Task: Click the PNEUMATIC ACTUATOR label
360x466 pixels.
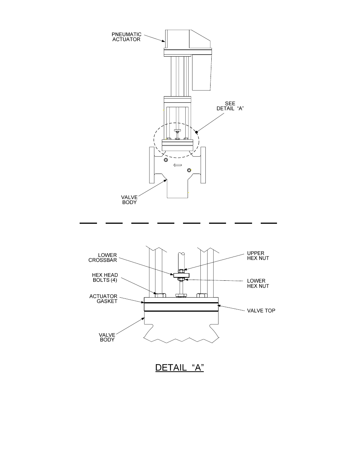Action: click(x=126, y=37)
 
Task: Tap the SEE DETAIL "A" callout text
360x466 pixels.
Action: click(x=230, y=106)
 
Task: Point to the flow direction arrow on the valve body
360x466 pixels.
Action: click(x=177, y=165)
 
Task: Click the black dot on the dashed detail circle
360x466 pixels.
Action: click(x=196, y=132)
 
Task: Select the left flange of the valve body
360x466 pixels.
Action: click(x=152, y=165)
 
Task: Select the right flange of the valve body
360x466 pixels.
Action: click(x=203, y=165)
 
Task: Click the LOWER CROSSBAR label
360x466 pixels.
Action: click(x=103, y=258)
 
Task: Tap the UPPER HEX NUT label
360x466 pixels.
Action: click(x=258, y=255)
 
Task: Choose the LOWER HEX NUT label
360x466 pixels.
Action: click(x=258, y=283)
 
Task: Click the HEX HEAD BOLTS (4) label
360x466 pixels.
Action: click(x=105, y=277)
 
